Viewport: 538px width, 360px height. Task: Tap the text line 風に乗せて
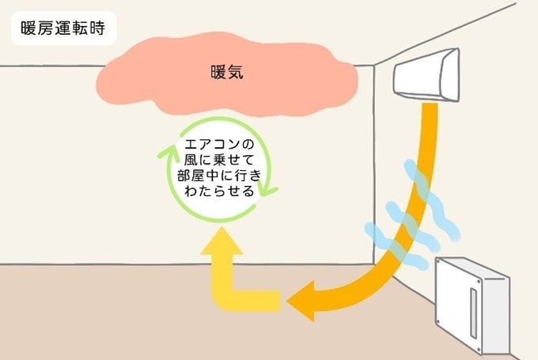(x=214, y=161)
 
